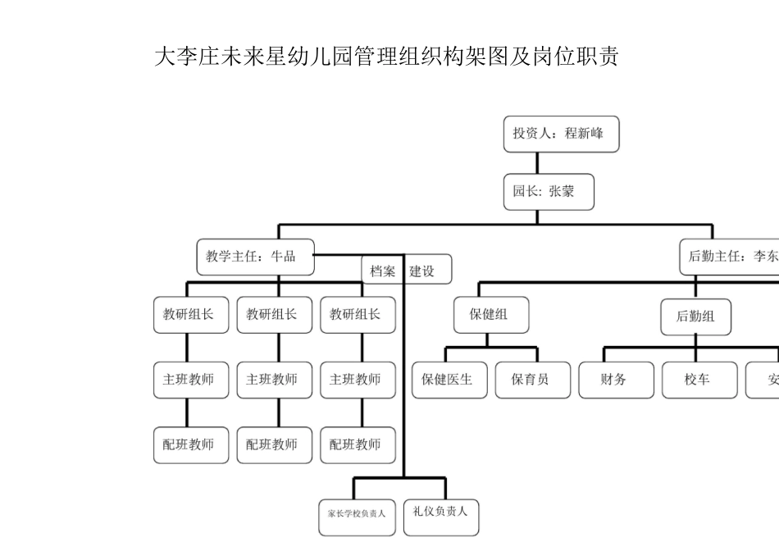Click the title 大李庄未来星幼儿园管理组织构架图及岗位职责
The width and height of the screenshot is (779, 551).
point(386,57)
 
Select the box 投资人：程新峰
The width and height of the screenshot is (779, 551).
point(561,134)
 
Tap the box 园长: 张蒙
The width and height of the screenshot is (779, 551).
point(548,192)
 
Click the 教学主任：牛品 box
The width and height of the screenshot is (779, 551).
point(255,257)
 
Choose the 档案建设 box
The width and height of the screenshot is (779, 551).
point(407,271)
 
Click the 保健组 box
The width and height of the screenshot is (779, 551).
point(491,315)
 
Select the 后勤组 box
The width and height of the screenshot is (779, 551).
point(695,316)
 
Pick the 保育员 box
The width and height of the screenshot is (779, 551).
point(532,380)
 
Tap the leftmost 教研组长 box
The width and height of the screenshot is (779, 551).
point(191,315)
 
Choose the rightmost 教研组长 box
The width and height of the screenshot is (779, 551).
point(358,315)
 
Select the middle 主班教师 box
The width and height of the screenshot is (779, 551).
point(274,380)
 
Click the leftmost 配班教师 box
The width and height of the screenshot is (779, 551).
point(191,445)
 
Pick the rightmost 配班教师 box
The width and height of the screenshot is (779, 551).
point(358,445)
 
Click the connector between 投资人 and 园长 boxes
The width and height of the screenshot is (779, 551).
point(537,163)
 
